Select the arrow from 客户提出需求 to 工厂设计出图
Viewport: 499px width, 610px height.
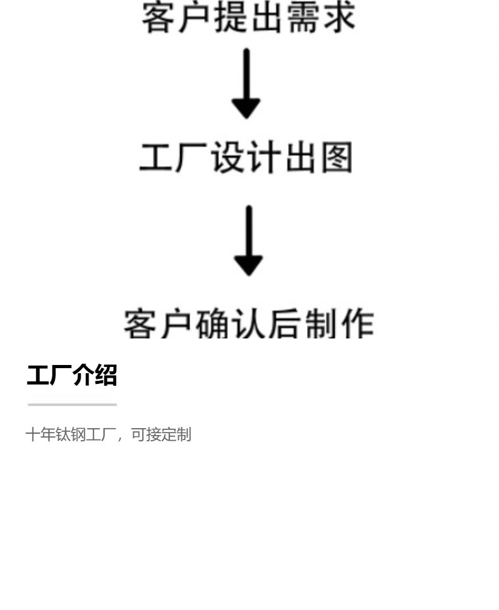pos(246,83)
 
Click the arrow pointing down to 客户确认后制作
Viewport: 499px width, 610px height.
pos(248,241)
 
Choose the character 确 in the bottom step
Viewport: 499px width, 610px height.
pos(212,324)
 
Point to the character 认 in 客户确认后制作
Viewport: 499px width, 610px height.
pos(248,324)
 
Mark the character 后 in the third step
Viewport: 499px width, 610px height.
pos(285,324)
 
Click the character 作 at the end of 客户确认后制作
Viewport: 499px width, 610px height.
pos(357,324)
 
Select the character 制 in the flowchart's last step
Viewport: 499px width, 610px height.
pos(321,324)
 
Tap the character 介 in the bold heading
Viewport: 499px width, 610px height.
pos(83,375)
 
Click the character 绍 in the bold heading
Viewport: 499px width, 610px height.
pos(105,375)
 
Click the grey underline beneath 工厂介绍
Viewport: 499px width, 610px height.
pos(72,404)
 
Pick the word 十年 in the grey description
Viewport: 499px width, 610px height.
pos(40,434)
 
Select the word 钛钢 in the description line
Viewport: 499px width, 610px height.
pos(71,434)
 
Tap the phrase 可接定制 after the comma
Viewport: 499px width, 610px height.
pos(160,434)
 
